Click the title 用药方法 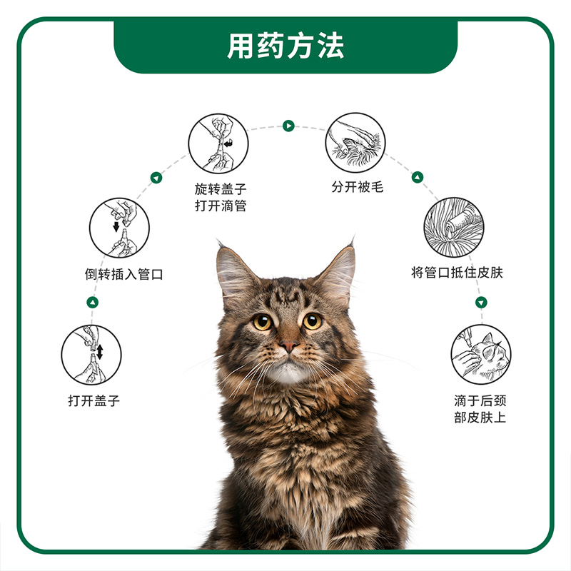285,46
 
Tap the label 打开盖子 94,400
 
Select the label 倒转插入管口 123,274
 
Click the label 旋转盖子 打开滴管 221,197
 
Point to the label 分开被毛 358,187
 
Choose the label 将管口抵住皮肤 457,272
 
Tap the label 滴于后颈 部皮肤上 480,408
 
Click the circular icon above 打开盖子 91,355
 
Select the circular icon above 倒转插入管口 119,228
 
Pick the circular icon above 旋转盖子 218,143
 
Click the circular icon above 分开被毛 355,142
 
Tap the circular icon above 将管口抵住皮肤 454,227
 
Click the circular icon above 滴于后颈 481,354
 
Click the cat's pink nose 289,345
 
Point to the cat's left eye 262,322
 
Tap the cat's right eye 313,321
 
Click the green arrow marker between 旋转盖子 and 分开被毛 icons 288,126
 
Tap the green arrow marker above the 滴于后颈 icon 481,302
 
